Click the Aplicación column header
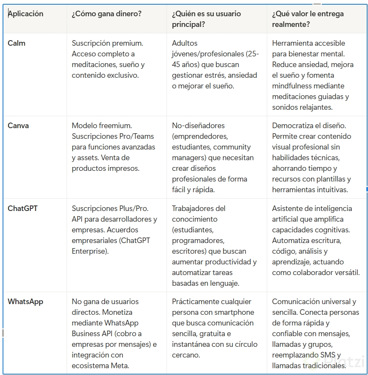[26, 14]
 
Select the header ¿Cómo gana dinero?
[107, 14]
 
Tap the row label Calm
[17, 43]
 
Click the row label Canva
[18, 126]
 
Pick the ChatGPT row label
[23, 208]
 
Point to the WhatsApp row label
[25, 302]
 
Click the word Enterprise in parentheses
[90, 251]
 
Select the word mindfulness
[292, 86]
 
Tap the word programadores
[197, 240]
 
